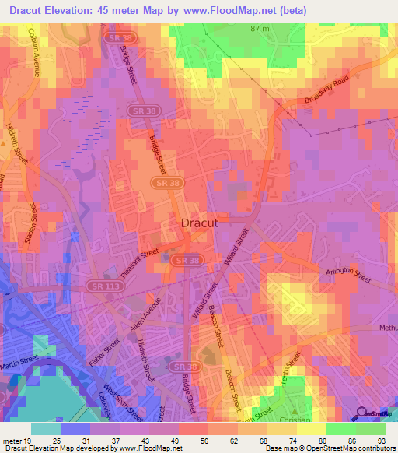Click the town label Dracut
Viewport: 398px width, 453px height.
coord(198,223)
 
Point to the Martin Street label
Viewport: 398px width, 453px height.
coord(19,356)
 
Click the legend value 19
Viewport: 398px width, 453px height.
coord(32,440)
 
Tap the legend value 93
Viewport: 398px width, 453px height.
coord(379,440)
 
